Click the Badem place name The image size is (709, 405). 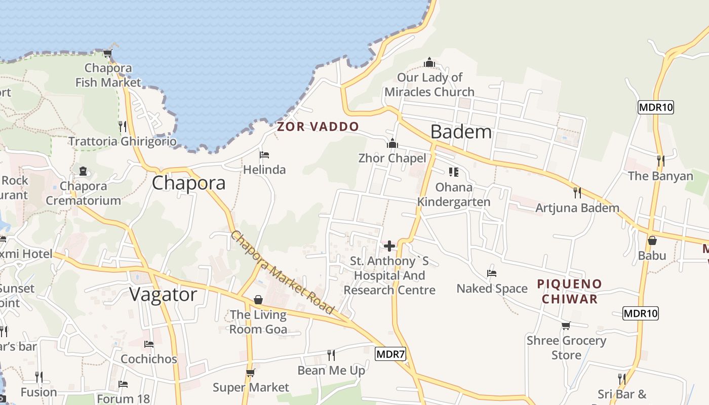461,132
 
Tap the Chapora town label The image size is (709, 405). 188,183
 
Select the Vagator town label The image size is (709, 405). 163,294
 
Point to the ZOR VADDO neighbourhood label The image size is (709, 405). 318,127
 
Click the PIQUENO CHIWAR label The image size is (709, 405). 570,291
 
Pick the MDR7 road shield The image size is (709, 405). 390,354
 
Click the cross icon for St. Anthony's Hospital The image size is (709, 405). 389,246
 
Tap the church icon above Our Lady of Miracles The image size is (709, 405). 429,63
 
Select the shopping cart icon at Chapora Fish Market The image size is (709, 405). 107,53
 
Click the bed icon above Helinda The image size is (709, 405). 264,154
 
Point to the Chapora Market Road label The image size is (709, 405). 283,272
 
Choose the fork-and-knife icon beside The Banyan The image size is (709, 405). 660,160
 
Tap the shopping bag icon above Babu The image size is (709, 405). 652,240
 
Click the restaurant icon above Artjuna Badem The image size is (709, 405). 577,192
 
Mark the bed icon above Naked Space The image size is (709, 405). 491,273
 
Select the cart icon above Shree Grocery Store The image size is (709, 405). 566,326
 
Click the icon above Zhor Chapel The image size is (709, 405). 392,143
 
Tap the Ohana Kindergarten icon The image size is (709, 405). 453,172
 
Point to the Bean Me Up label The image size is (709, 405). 331,371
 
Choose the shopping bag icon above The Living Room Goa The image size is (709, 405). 258,300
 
